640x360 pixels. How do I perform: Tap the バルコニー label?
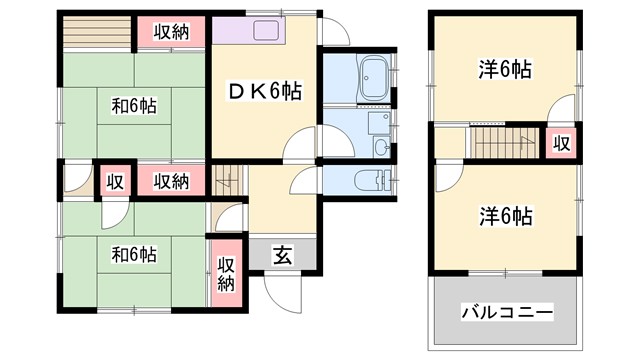507,313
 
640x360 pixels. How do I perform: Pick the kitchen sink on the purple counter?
267,29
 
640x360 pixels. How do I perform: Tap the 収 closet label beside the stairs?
562,143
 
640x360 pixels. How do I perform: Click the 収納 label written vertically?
227,273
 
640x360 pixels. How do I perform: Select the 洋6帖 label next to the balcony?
505,215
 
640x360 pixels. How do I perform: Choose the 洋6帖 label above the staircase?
505,70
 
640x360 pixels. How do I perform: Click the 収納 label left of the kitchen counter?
172,31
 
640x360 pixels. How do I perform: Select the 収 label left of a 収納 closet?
116,182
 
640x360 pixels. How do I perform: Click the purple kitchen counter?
250,30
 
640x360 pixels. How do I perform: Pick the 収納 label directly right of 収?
172,181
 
